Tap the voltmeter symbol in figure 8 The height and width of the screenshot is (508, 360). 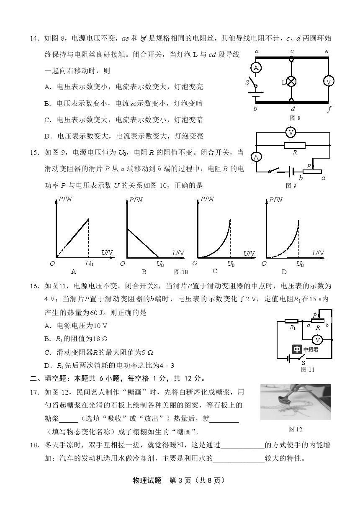329,82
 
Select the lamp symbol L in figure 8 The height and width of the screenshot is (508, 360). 291,82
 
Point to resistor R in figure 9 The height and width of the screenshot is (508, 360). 294,146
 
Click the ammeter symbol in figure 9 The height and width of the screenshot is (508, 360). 256,157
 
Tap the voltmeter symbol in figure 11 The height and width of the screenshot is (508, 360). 317,339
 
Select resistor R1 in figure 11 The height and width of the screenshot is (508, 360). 291,321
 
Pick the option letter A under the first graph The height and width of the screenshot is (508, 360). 74,272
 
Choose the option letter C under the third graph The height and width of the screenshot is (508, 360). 215,271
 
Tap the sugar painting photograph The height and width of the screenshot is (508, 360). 295,402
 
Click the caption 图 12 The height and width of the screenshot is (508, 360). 295,429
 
